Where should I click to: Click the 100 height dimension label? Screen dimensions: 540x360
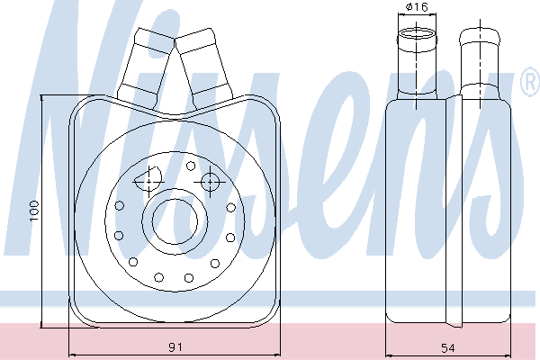click(34, 211)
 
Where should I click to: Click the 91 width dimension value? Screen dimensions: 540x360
click(175, 346)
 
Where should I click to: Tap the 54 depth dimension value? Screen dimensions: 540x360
click(448, 348)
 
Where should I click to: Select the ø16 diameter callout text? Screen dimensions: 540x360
click(417, 6)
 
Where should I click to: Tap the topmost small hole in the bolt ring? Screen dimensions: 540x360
click(191, 166)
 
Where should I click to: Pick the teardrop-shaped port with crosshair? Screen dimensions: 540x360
click(148, 179)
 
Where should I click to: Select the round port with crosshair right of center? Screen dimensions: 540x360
click(210, 182)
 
